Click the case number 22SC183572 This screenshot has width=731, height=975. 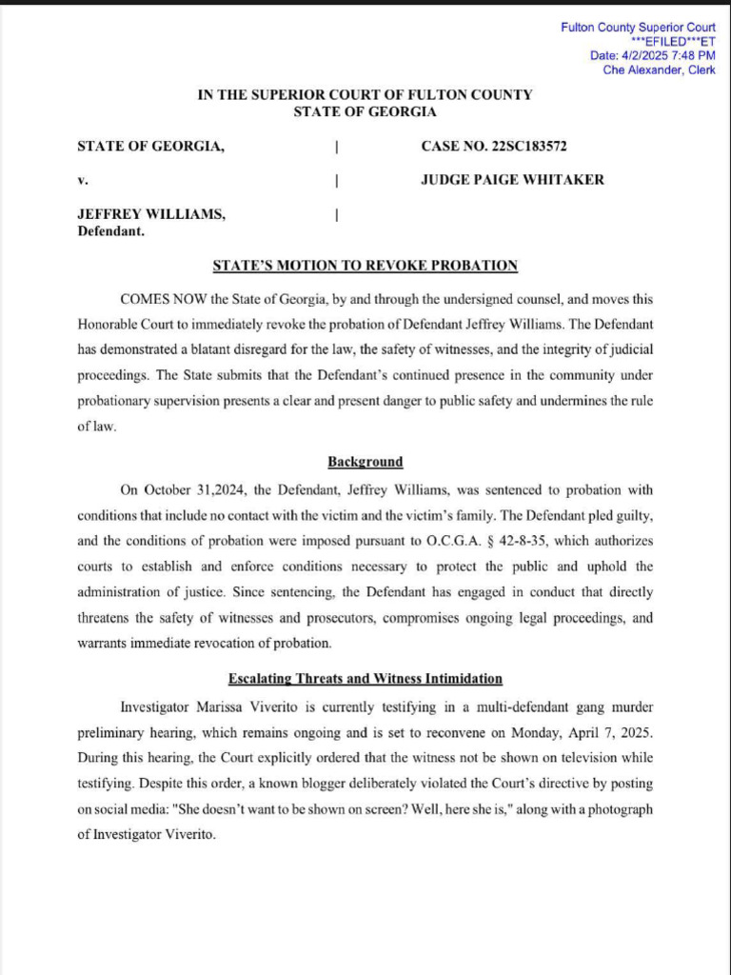(x=529, y=147)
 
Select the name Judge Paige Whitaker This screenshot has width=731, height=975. (x=512, y=179)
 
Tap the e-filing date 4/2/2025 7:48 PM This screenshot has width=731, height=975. (x=653, y=55)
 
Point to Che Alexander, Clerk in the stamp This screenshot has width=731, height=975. (x=659, y=70)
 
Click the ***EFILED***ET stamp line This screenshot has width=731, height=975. (x=673, y=42)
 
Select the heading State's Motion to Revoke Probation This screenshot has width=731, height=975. (x=365, y=266)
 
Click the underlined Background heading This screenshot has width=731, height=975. (x=365, y=462)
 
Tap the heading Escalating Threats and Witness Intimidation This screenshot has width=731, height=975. (x=365, y=679)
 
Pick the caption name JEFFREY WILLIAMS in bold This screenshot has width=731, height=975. (x=151, y=214)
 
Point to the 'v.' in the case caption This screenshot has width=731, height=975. (x=82, y=180)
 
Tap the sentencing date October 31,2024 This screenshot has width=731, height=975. (x=196, y=489)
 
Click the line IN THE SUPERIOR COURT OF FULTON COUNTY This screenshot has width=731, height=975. (x=365, y=95)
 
